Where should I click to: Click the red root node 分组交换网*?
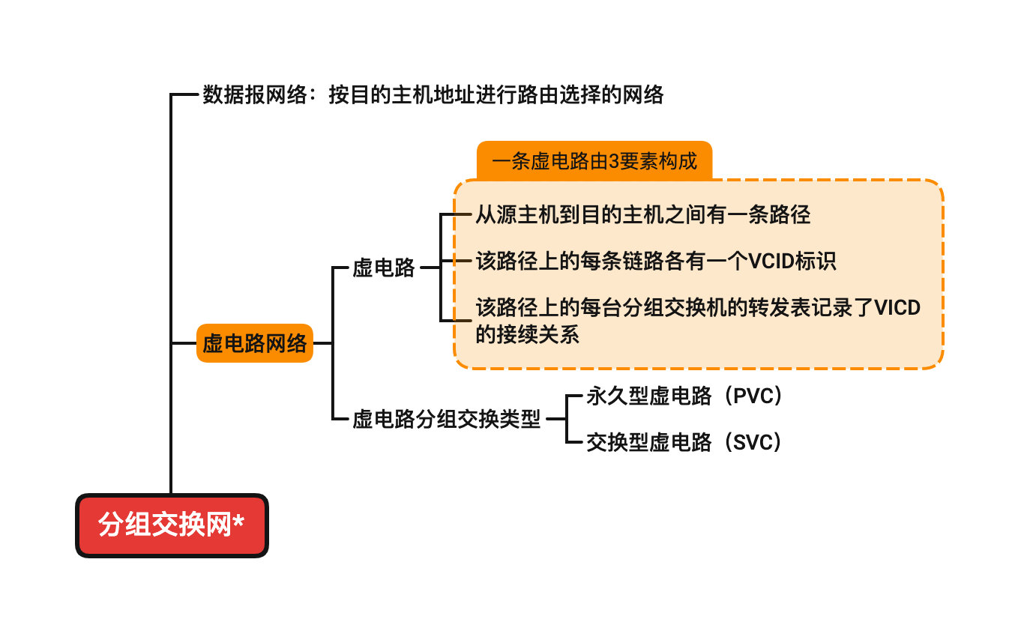click(x=172, y=525)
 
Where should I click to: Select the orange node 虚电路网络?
click(x=254, y=343)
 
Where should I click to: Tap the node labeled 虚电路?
click(x=384, y=268)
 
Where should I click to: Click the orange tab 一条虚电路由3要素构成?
click(x=594, y=161)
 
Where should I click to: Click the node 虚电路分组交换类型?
click(x=446, y=420)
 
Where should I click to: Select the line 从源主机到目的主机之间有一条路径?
click(x=642, y=215)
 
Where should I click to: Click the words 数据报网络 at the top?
click(x=255, y=95)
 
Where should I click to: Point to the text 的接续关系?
click(x=527, y=334)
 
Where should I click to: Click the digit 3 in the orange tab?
click(x=613, y=161)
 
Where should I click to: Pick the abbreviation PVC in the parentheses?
click(x=752, y=396)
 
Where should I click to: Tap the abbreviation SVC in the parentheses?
click(x=752, y=443)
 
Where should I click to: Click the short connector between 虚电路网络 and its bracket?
click(x=322, y=343)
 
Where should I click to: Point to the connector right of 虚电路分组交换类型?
click(x=555, y=420)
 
